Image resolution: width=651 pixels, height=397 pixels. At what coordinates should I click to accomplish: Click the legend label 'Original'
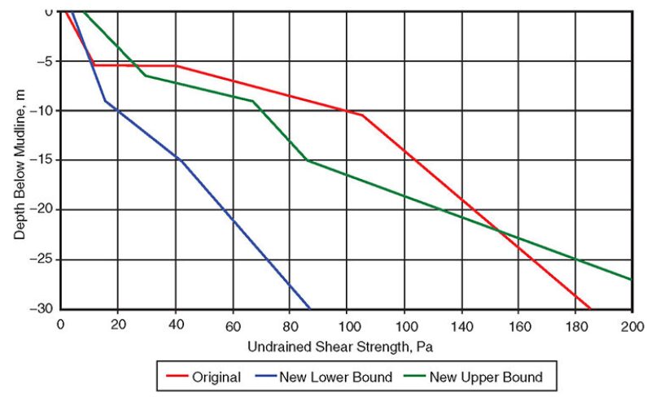click(x=216, y=377)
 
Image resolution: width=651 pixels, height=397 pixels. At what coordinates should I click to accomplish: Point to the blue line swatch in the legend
click(x=260, y=377)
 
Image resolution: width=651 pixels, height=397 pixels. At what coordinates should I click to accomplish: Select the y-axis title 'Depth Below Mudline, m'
click(x=20, y=161)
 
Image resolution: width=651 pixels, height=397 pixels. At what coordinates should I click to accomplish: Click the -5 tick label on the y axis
click(x=46, y=61)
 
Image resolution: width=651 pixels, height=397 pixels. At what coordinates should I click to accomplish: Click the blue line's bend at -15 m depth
click(x=181, y=160)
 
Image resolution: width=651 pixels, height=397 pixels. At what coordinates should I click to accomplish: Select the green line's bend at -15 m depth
click(x=308, y=160)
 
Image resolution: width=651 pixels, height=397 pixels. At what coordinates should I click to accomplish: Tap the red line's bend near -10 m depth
click(x=362, y=116)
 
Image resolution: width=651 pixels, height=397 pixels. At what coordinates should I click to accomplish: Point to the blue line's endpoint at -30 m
click(x=310, y=308)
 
